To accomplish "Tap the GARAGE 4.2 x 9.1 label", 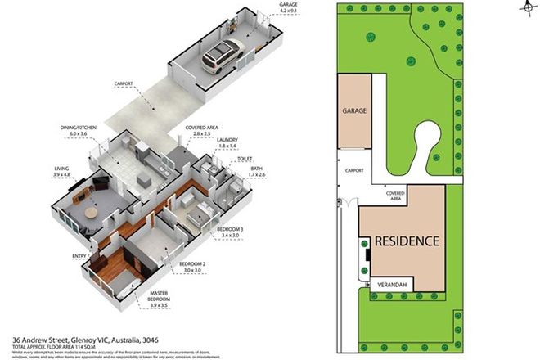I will [x=288, y=9].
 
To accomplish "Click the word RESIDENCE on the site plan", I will [x=407, y=241].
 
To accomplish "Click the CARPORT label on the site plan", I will [x=354, y=171].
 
